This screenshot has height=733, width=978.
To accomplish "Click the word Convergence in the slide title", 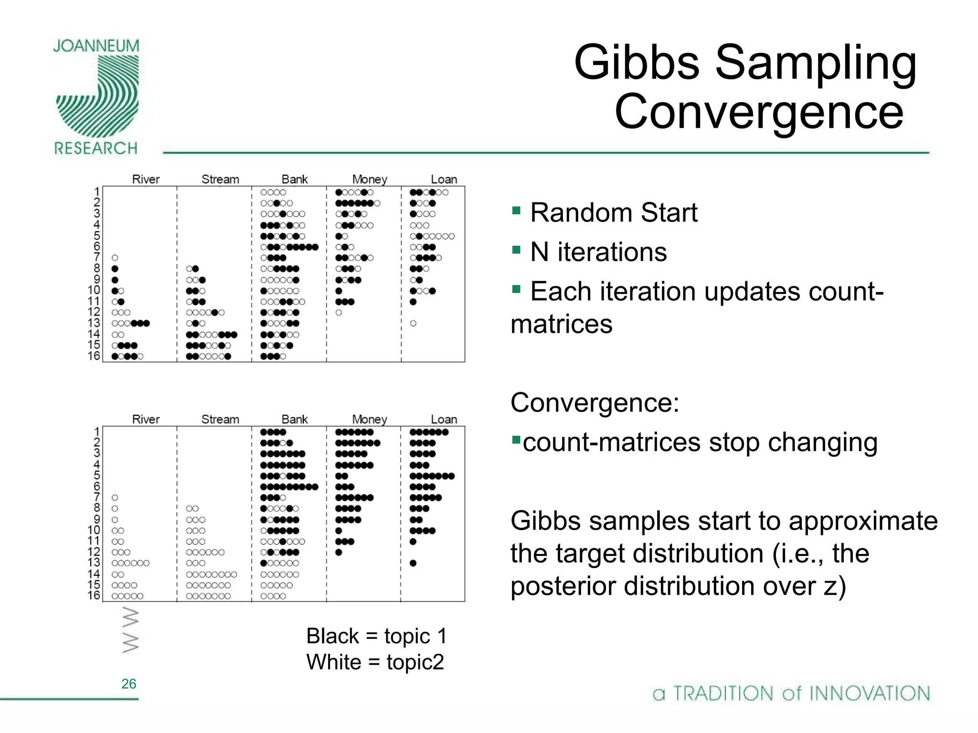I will point(759,112).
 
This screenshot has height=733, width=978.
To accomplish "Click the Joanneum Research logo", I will point(97,98).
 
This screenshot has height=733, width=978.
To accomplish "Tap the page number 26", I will point(128,683).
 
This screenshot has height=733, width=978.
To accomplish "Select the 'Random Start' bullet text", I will point(613,212).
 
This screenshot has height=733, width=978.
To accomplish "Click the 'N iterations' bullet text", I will point(598,252).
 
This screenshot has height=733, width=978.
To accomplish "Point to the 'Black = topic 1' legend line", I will point(376,636).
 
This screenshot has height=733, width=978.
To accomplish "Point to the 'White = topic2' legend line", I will point(375,662).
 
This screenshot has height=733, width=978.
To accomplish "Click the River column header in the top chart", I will point(146,179).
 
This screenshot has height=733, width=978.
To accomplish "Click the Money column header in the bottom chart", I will point(369,419).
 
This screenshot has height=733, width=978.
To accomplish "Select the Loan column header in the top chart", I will point(444,179).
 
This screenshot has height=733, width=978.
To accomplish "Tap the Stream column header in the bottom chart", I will point(220,419).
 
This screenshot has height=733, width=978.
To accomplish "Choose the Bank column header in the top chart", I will point(295,179).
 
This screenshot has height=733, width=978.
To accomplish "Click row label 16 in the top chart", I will point(94,356).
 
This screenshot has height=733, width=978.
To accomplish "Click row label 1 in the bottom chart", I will point(97,432).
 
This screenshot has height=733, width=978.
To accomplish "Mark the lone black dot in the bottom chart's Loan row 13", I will point(413,563).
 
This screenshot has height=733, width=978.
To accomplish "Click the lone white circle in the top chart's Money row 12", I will point(339,313).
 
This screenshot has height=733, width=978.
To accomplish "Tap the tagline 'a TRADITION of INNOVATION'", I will point(791,693).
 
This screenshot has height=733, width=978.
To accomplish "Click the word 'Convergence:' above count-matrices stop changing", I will point(595,402).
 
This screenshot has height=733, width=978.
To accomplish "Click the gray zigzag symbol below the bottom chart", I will point(130,630).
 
